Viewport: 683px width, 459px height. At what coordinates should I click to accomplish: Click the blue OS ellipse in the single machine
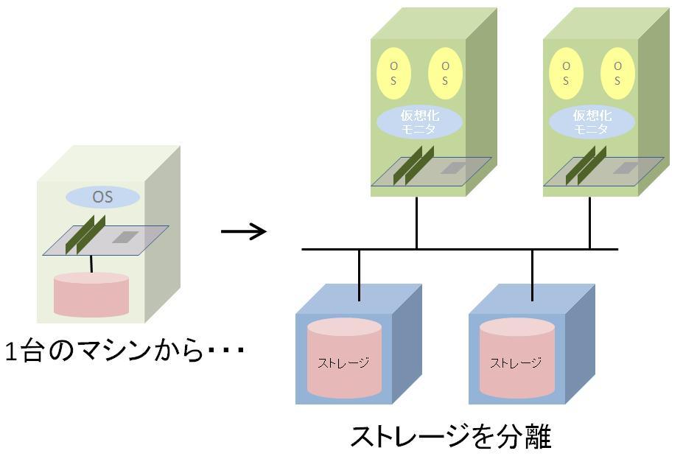coord(102,197)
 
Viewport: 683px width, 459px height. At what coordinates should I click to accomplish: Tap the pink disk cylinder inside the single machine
coord(91,294)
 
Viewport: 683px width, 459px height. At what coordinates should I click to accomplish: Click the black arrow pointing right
coord(243,232)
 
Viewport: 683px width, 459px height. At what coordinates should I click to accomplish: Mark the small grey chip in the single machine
coord(125,238)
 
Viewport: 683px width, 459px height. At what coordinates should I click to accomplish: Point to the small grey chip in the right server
coord(625,169)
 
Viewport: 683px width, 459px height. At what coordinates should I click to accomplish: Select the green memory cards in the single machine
coord(85,236)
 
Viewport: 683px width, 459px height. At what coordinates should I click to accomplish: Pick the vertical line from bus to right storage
coord(532,275)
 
